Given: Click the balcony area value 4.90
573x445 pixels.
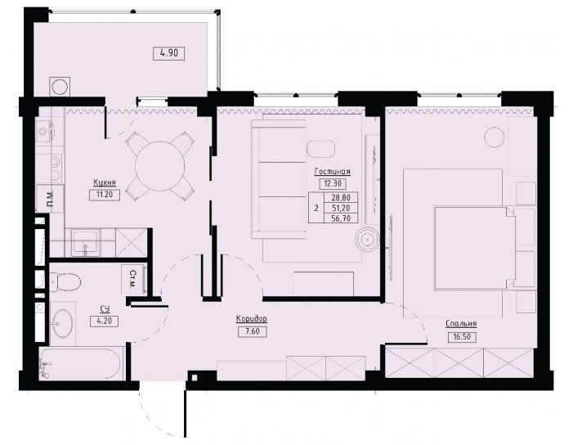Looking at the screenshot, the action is click(x=169, y=53).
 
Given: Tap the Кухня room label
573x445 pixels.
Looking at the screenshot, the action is click(x=105, y=182).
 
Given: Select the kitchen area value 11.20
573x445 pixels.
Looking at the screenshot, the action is click(x=105, y=195).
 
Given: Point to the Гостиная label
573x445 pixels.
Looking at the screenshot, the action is click(x=332, y=172).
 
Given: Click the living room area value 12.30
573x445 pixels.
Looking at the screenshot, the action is click(x=333, y=183).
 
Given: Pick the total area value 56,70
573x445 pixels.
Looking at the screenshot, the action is click(x=341, y=218).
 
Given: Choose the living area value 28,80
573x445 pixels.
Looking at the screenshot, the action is click(x=341, y=197).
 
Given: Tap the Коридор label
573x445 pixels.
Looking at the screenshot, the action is click(x=252, y=319).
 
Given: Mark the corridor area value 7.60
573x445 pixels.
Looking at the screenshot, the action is click(x=252, y=331).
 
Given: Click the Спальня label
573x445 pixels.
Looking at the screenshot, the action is click(x=461, y=324).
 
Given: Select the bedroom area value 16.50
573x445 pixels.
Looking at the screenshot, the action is click(x=462, y=337).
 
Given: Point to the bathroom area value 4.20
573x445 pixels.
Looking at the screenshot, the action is click(x=104, y=321).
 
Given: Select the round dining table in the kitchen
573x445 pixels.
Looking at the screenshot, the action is click(x=159, y=166).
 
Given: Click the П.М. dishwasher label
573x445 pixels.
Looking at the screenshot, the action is click(x=51, y=198).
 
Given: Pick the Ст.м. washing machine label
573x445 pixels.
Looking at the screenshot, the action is click(x=133, y=279).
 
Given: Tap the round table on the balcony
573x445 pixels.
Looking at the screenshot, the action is click(x=59, y=87).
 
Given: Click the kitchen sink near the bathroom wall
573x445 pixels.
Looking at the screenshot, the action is click(x=86, y=242).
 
